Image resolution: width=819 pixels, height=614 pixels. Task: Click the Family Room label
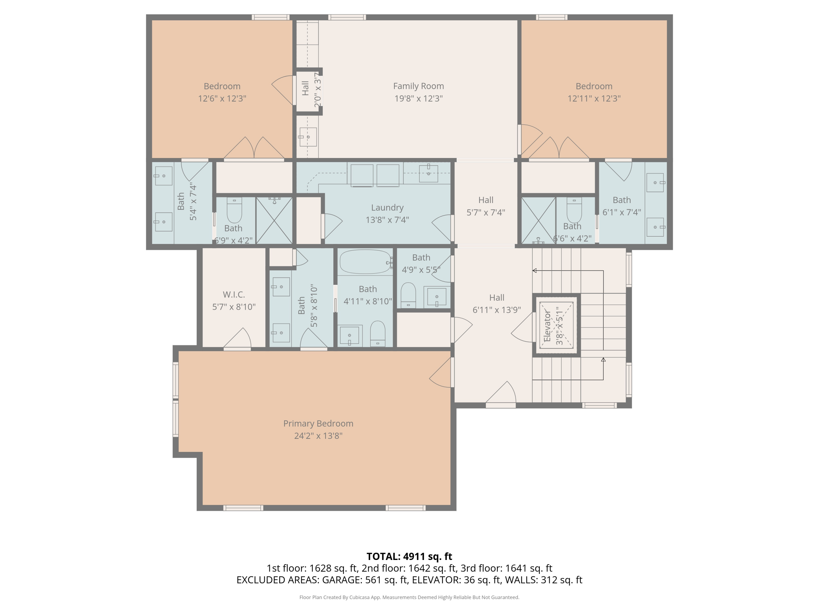419,86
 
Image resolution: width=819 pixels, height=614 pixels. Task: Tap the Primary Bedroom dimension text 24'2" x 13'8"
318,436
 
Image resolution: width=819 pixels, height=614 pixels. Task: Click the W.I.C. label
234,295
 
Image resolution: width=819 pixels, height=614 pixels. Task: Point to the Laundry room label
387,208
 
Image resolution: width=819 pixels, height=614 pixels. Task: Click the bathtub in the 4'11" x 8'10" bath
366,262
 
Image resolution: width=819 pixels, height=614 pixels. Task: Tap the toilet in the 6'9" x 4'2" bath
234,209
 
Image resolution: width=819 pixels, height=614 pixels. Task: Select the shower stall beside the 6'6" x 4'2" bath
538,220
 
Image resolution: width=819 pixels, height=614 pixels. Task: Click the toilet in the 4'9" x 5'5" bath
408,295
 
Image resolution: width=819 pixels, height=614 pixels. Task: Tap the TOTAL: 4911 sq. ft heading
409,556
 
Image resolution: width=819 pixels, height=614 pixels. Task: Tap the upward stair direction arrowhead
603,359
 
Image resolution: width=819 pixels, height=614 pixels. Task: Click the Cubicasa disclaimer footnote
409,597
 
